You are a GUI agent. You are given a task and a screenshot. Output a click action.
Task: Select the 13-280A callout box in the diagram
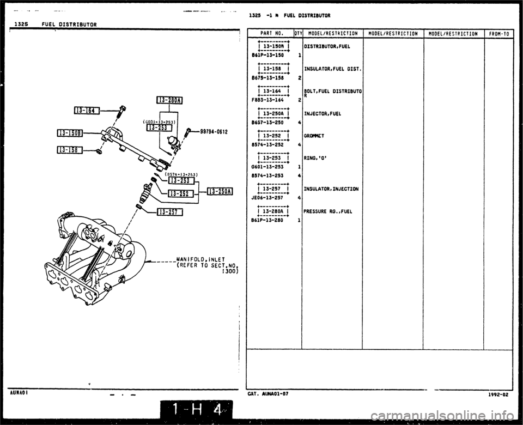[x=169, y=99]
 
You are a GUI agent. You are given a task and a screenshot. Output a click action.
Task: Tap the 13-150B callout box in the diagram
[x=69, y=133]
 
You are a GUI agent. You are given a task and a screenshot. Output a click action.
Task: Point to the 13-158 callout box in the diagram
[x=69, y=151]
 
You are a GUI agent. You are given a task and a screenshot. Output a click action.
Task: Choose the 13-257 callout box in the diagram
[x=170, y=212]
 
